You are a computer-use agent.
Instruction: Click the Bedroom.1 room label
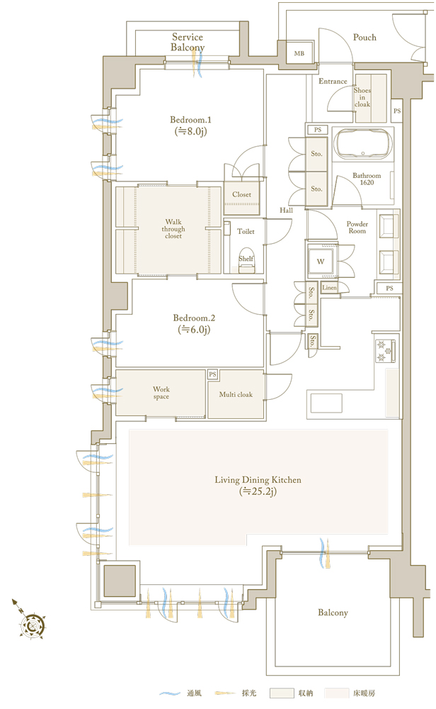tap(190, 125)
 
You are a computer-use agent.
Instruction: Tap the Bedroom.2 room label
tap(194, 324)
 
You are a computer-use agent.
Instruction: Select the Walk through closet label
tap(173, 229)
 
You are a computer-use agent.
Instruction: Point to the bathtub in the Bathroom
tap(362, 144)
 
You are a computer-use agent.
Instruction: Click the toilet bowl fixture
tap(246, 261)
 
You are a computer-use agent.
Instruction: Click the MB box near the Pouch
tap(299, 53)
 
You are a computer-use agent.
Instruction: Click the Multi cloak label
tap(236, 395)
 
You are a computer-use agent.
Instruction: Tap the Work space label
tap(161, 393)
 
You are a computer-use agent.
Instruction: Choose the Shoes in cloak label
tap(362, 97)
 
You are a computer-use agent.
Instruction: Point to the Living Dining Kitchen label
tap(258, 486)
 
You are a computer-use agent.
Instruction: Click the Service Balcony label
tap(188, 42)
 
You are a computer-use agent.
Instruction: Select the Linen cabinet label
tap(329, 288)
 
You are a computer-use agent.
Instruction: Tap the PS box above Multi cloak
tap(212, 374)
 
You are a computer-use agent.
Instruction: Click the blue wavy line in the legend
tap(170, 693)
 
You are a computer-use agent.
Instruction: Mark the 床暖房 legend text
tap(365, 693)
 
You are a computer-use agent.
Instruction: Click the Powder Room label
tap(357, 228)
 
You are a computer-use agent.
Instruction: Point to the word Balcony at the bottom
tap(333, 613)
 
